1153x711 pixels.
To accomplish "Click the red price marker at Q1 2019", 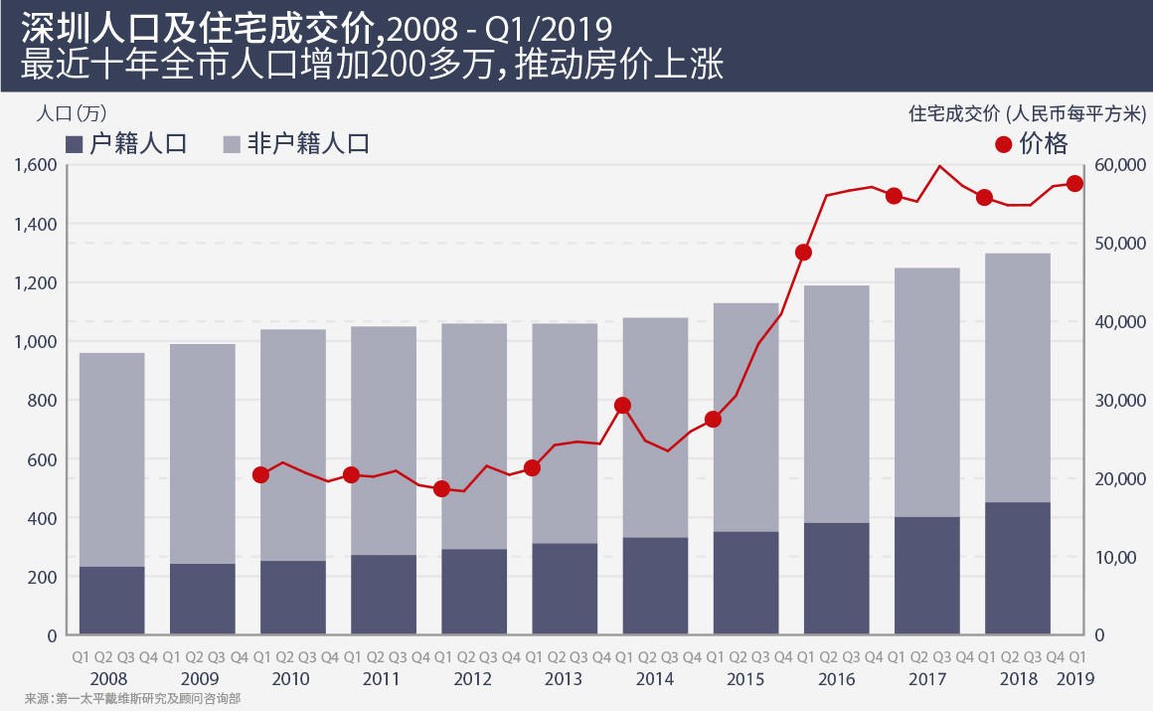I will click(x=1074, y=184).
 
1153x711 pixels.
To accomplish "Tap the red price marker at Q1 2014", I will click(x=623, y=406).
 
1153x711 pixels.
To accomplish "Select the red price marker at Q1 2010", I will click(x=261, y=475).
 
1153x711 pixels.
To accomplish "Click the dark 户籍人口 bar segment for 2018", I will click(x=1018, y=568).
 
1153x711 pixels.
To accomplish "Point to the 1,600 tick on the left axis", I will click(x=35, y=165).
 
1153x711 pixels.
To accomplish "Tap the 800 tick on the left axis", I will click(x=42, y=401).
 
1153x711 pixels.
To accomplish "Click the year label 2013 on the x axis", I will click(x=565, y=680).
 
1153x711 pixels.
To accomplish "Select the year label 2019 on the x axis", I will click(x=1075, y=680).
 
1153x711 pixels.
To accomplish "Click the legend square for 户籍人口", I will click(x=74, y=145).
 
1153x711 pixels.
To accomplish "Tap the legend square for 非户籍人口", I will click(x=232, y=145).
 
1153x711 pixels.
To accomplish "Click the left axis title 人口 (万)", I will click(x=71, y=113).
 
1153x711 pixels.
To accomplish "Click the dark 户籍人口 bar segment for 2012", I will click(x=473, y=592).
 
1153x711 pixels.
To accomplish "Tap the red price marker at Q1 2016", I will click(x=804, y=253).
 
